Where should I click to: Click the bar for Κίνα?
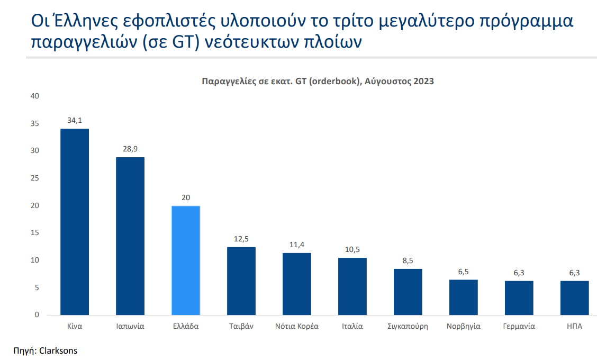[x=75, y=222]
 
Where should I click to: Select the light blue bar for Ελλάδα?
[x=186, y=260]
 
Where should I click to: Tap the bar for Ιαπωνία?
[x=130, y=236]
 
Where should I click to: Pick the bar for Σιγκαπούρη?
[x=408, y=292]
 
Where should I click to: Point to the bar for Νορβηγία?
[x=464, y=297]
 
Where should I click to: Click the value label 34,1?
[x=75, y=121]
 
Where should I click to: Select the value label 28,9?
[x=130, y=149]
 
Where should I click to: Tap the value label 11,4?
[x=297, y=245]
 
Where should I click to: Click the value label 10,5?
[x=352, y=250]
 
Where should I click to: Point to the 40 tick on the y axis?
[x=35, y=96]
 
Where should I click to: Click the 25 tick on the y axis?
[x=35, y=178]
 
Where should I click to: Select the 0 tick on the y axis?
[x=37, y=315]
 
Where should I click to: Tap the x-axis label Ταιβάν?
[x=241, y=326]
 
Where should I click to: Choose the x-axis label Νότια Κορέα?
[x=297, y=326]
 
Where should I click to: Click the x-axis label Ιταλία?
[x=352, y=326]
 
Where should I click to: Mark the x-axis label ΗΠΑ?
[x=574, y=326]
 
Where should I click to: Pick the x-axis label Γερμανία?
[x=519, y=326]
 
